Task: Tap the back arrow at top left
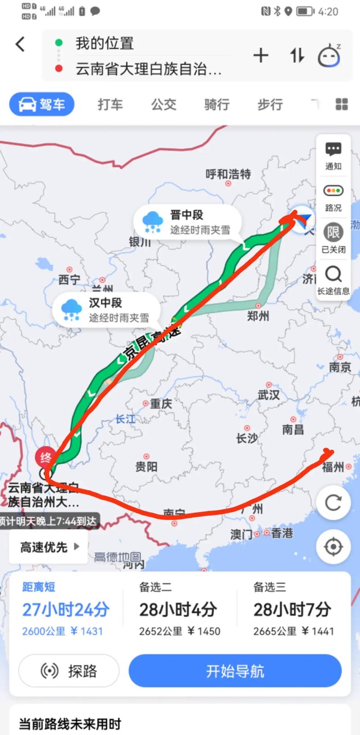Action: [x=20, y=44]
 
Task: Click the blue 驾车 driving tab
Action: [x=42, y=104]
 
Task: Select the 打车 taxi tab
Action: [x=110, y=104]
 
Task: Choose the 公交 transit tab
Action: [x=163, y=104]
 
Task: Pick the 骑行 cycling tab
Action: [x=216, y=104]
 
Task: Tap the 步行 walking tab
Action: [x=270, y=104]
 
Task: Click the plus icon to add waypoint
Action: [x=261, y=56]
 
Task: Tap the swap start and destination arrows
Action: [x=297, y=56]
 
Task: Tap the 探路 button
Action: [x=69, y=671]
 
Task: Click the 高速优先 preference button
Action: [x=49, y=547]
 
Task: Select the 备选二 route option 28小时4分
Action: [x=179, y=610]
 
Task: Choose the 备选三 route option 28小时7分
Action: [x=293, y=610]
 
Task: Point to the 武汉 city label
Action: [x=269, y=395]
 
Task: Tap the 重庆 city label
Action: [x=160, y=404]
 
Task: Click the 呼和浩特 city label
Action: [x=228, y=174]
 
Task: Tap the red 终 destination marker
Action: [x=45, y=457]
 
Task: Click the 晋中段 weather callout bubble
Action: [x=187, y=222]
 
